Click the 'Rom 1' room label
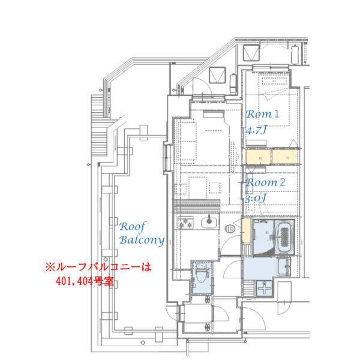[x=263, y=113]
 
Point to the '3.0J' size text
[x=256, y=197]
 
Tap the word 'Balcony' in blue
[x=141, y=240]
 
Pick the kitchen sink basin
[x=208, y=224]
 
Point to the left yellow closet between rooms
[x=257, y=157]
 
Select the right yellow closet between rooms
[x=284, y=157]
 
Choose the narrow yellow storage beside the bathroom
[x=246, y=230]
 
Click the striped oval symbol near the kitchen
[x=230, y=228]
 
